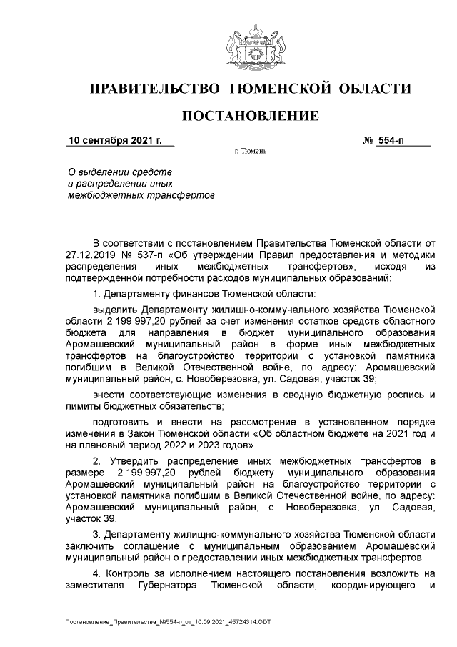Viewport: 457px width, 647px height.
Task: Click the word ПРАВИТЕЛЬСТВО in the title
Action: [x=153, y=89]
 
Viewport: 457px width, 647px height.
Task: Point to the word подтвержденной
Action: [x=101, y=278]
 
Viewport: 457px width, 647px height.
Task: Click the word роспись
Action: [x=399, y=395]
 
